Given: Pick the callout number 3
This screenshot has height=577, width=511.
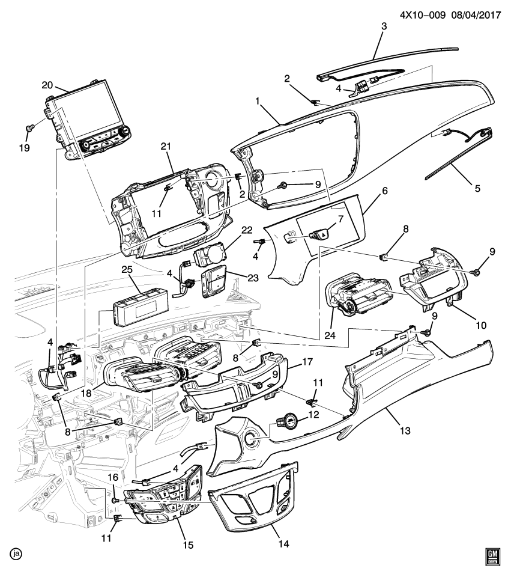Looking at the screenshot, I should pos(384,26).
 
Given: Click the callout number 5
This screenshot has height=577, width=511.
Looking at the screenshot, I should pos(477,188).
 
